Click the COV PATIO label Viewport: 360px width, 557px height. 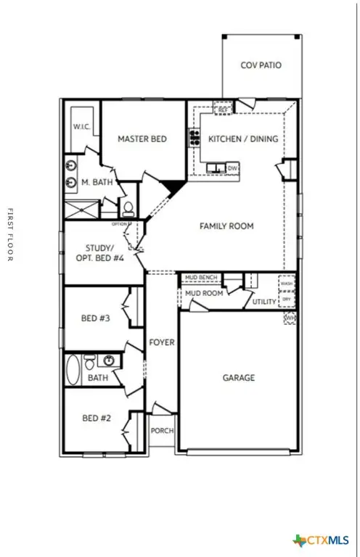[x=261, y=65]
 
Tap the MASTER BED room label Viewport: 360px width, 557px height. [x=142, y=139]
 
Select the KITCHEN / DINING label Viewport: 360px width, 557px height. [x=242, y=139]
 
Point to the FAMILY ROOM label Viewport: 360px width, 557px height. [x=226, y=226]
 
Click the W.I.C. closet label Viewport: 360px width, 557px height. [x=81, y=127]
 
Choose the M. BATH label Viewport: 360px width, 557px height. [x=97, y=182]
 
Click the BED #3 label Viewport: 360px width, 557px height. [x=95, y=318]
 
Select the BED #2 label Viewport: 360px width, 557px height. [x=95, y=418]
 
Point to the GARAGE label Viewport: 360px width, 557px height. [x=238, y=378]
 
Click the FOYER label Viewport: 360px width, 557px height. [x=161, y=342]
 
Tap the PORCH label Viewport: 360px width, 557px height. [x=162, y=431]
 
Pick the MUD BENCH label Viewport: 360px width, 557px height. [x=200, y=278]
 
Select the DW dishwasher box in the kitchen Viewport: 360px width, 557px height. [x=232, y=168]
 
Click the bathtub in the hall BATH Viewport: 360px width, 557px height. [x=73, y=371]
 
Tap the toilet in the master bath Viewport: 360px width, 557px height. [x=128, y=209]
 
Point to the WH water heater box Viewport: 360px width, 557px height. [x=290, y=318]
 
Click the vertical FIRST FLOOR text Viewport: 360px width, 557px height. [x=10, y=235]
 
